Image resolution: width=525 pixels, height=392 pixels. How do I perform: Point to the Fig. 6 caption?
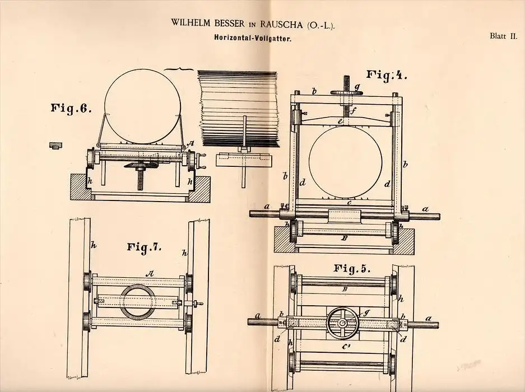71,108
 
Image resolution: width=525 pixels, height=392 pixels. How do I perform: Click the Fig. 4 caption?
387,74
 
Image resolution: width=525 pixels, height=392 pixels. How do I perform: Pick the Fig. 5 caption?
352,268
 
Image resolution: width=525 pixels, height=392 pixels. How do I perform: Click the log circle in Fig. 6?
142,106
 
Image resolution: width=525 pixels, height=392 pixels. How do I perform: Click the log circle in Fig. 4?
345,157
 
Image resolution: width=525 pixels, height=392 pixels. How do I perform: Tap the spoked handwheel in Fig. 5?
343,323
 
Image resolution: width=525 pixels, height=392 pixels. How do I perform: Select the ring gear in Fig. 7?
137,301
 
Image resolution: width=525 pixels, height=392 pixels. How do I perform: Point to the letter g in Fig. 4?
365,87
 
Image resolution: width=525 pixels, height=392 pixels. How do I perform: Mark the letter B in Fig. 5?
345,290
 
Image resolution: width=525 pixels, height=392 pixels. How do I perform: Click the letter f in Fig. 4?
353,110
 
